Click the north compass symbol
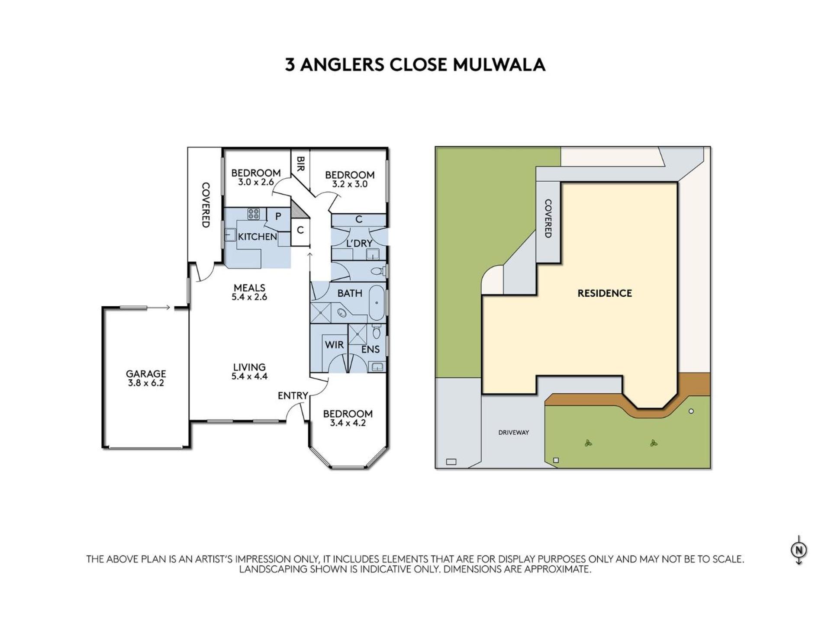coord(799,550)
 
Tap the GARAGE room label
coord(146,373)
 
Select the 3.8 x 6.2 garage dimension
coord(146,383)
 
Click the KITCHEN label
coord(258,237)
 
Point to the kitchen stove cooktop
coord(253,214)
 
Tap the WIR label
coord(334,345)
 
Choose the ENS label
coord(370,350)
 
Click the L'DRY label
coord(359,244)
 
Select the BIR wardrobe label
coord(300,164)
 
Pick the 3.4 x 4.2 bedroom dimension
coord(348,423)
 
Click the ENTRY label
coord(293,396)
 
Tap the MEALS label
coord(249,288)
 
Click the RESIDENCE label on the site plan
coord(605,293)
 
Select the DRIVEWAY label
coord(514,432)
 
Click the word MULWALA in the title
coord(499,65)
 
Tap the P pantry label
coord(278,216)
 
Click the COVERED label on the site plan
coord(548,218)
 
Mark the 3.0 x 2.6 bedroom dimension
coord(256,182)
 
